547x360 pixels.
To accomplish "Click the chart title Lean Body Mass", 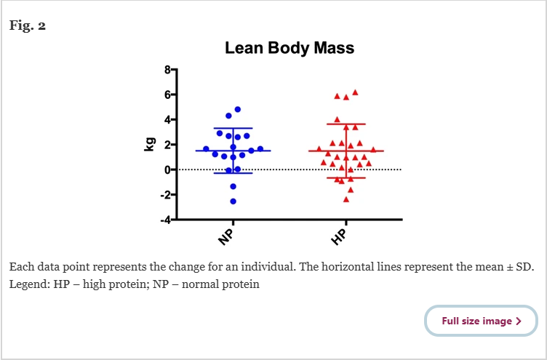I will click(x=289, y=49).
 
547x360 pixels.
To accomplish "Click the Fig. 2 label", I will click(x=28, y=25).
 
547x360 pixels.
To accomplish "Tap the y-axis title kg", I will click(x=150, y=145).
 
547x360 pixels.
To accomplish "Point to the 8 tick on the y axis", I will click(x=167, y=70).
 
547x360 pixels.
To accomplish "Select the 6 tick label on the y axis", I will click(x=167, y=95).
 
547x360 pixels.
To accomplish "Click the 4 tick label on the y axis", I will click(x=167, y=119).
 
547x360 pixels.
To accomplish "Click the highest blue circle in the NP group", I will click(x=238, y=109).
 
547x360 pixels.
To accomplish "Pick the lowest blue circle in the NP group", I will click(x=233, y=201).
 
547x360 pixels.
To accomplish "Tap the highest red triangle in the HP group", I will click(x=355, y=92).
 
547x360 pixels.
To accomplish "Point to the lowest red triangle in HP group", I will click(x=346, y=199).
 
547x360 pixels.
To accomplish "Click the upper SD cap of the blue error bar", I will click(x=233, y=129).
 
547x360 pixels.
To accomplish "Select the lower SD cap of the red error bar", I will click(x=346, y=178).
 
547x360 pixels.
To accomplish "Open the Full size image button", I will click(x=481, y=321).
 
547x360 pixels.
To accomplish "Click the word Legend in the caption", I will click(x=28, y=284).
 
